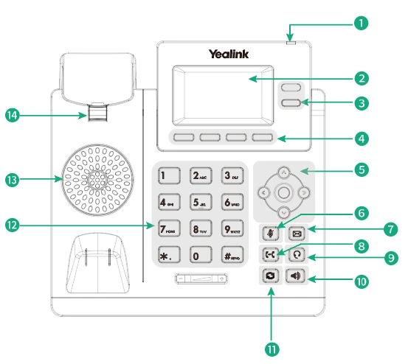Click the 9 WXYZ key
coord(232,228)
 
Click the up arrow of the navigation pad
coord(283,175)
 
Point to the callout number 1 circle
coord(360,23)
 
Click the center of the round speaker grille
coord(96,179)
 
